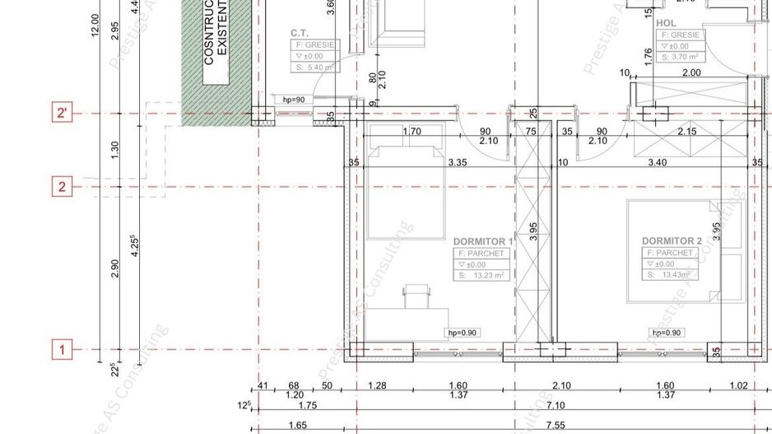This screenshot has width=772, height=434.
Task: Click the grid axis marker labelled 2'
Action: [62, 113]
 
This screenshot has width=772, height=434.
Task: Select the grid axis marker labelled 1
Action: [62, 350]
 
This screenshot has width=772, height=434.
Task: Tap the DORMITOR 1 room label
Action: [483, 241]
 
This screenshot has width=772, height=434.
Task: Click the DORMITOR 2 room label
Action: [672, 241]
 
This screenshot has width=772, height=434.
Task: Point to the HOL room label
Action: [667, 23]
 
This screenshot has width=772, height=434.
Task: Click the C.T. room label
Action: [300, 33]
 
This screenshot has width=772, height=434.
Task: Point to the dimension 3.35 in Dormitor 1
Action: [458, 163]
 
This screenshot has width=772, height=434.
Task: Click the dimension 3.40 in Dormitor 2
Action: [657, 163]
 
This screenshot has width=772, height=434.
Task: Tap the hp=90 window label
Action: [294, 100]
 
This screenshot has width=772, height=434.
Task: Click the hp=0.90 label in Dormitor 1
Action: [463, 333]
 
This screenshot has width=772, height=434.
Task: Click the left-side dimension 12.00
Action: [95, 26]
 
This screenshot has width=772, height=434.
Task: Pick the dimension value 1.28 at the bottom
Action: [377, 385]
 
